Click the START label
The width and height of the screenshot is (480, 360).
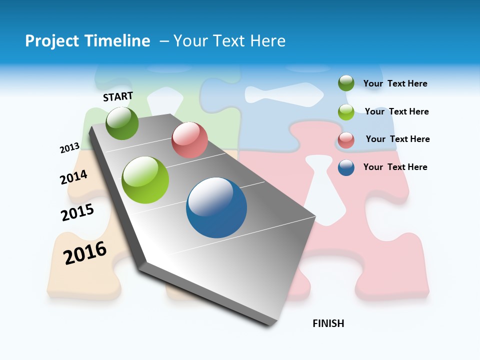click(x=118, y=96)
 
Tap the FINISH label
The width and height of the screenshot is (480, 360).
click(x=328, y=323)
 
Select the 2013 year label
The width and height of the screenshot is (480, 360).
click(x=69, y=148)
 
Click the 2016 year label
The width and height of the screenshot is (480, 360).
click(x=85, y=252)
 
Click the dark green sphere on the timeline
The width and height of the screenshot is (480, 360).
click(x=122, y=123)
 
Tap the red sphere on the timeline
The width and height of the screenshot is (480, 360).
click(x=189, y=140)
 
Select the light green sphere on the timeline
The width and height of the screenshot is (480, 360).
click(x=145, y=180)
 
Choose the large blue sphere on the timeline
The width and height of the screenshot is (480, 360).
click(x=216, y=207)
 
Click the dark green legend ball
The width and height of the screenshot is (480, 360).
click(x=346, y=83)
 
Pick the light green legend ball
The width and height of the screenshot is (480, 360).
click(x=346, y=112)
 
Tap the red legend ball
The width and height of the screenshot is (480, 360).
click(x=346, y=140)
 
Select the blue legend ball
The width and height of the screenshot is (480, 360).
click(x=346, y=167)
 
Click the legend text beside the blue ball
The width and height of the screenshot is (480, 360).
click(x=395, y=167)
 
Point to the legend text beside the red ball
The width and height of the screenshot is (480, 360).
click(x=397, y=139)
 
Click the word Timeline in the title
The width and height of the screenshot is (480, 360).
click(x=114, y=41)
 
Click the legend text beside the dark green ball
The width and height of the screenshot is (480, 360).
click(x=395, y=83)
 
